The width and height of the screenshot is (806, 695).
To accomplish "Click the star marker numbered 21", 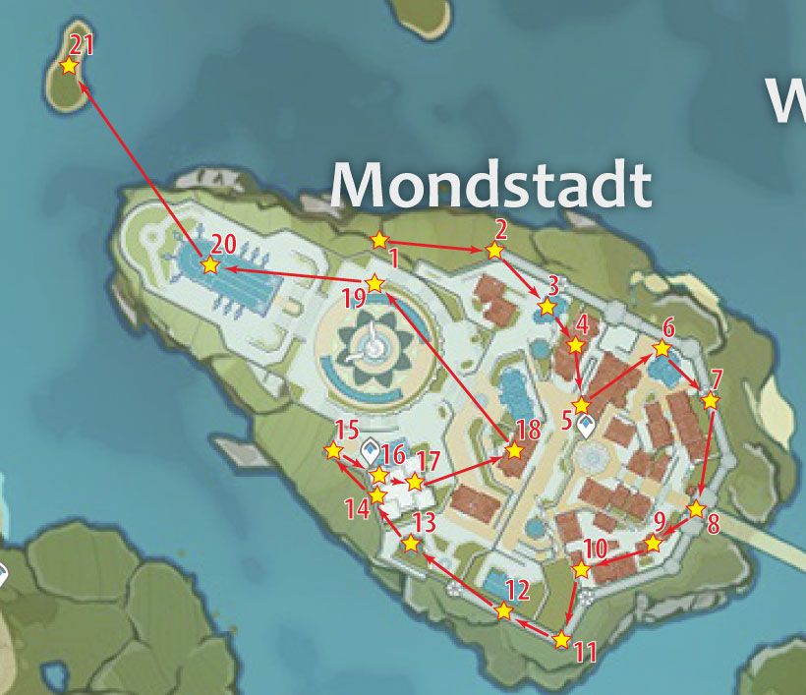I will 69,66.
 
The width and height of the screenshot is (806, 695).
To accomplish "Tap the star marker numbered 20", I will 209,265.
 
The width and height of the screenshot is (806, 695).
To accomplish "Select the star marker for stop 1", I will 379,240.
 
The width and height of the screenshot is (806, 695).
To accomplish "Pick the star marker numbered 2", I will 494,251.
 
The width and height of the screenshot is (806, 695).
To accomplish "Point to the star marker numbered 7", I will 711,400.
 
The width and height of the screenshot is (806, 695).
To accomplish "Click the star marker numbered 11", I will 561,640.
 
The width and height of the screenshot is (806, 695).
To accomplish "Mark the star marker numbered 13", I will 411,544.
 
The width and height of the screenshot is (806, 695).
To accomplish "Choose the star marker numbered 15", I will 333,450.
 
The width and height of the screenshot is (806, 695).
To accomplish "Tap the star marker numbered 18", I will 513,451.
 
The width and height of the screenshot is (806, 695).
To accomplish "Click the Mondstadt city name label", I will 490,184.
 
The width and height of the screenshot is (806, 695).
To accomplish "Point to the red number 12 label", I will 517,591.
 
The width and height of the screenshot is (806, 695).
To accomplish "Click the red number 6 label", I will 668,328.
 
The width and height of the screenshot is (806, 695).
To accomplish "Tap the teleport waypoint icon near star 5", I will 587,427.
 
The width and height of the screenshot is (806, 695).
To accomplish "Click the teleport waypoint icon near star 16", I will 371,452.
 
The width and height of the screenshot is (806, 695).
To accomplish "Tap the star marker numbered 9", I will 653,543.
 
